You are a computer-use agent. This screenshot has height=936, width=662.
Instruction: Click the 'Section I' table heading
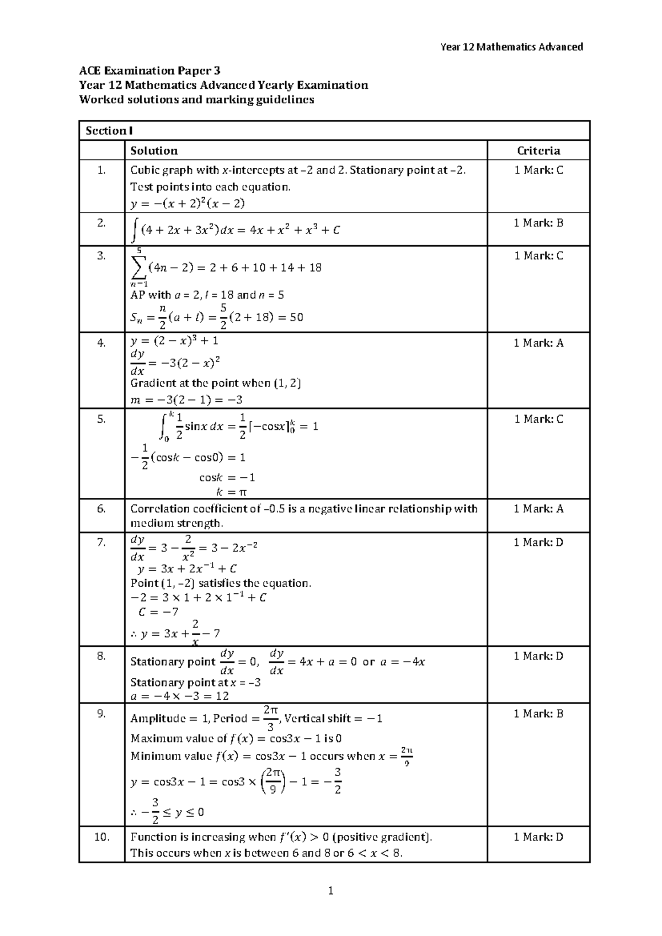[x=109, y=131]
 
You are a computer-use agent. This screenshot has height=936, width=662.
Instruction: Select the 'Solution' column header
[x=153, y=151]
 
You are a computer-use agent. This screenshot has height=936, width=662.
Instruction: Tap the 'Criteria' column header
[x=538, y=151]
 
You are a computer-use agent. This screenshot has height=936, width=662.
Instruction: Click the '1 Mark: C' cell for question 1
[x=538, y=171]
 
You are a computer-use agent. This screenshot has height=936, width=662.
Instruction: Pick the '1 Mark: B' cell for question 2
[x=538, y=223]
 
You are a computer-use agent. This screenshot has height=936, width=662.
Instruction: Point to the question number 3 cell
[x=101, y=256]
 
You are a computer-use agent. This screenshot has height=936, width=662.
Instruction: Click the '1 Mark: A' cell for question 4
[x=538, y=343]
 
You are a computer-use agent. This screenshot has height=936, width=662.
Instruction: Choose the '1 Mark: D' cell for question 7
[x=538, y=543]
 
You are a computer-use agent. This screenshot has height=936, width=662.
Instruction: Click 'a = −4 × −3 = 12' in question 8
[x=179, y=696]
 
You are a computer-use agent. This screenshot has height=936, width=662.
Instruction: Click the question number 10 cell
[x=101, y=837]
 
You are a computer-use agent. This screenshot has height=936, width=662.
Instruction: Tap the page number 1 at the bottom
[x=330, y=890]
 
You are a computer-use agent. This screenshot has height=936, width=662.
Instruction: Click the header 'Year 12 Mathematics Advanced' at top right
[x=511, y=47]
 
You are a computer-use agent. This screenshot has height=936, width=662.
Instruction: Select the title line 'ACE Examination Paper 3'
[x=150, y=71]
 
